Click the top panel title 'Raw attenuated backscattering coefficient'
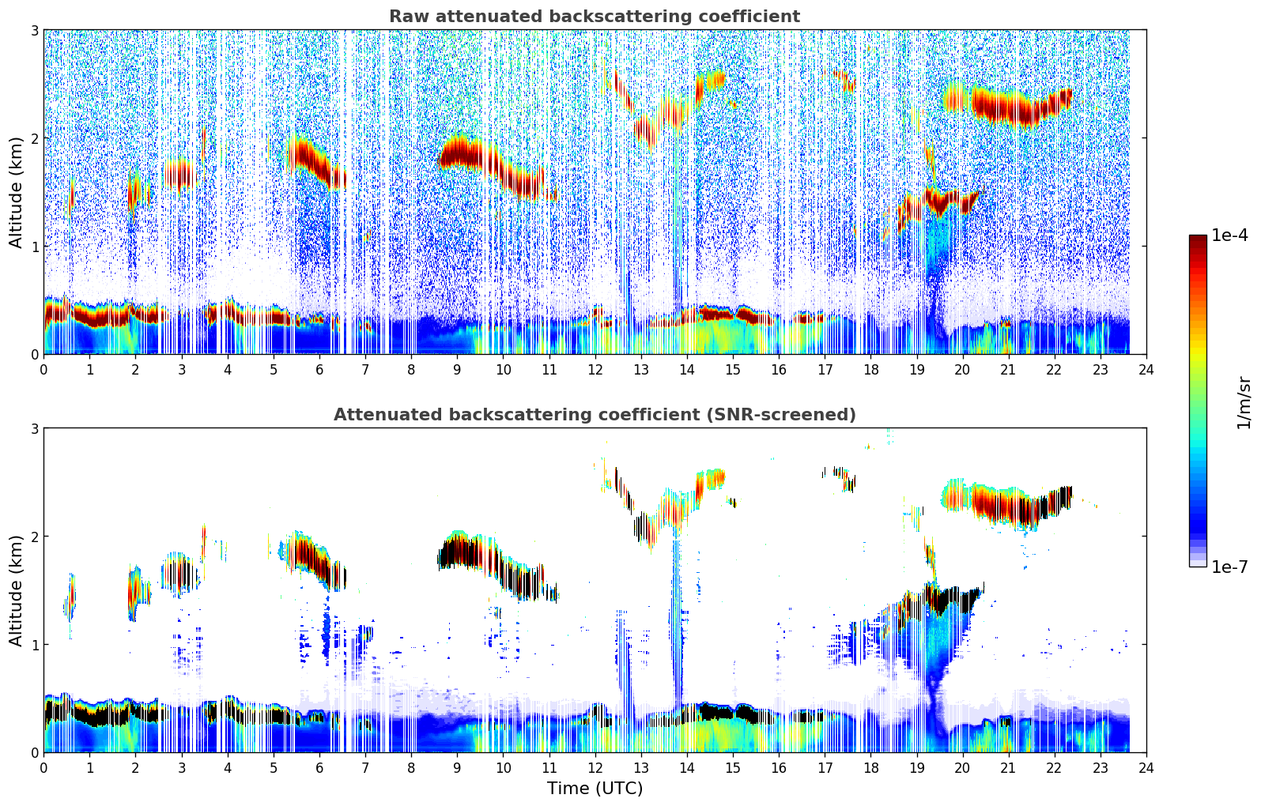tap(594, 17)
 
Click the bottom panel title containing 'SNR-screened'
tap(594, 415)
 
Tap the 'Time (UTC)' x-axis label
tap(595, 789)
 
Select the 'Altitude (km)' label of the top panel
tap(16, 192)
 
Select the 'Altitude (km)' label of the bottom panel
tap(16, 590)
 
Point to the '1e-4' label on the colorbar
tap(1229, 235)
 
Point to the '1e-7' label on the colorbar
tap(1229, 567)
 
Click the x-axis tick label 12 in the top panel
tap(595, 369)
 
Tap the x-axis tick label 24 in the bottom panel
tap(1146, 767)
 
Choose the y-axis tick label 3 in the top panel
tap(35, 31)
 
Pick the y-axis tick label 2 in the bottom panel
tap(35, 537)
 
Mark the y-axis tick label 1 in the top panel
tap(35, 247)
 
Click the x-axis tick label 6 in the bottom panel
tap(319, 767)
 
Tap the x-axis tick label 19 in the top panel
tap(916, 369)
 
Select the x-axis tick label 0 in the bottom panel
tap(43, 767)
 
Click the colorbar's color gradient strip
tap(1197, 401)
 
